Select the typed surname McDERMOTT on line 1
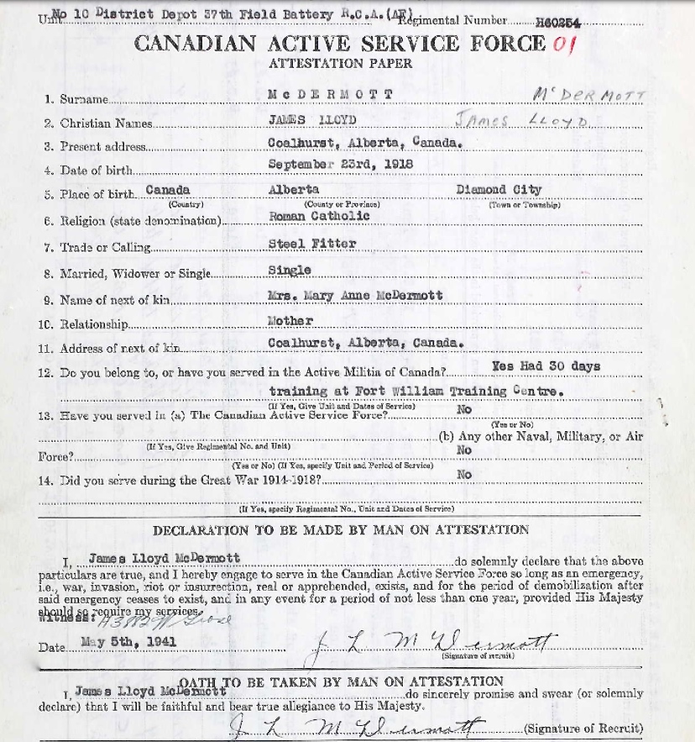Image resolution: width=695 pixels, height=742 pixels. [329, 94]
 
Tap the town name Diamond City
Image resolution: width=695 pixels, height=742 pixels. [499, 190]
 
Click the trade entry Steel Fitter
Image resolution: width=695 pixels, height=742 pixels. [300, 244]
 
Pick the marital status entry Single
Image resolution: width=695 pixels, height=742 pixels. [290, 270]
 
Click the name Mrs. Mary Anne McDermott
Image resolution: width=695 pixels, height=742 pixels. [354, 296]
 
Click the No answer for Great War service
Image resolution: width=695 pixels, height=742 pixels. [463, 475]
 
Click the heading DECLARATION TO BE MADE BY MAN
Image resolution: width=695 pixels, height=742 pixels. [340, 529]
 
